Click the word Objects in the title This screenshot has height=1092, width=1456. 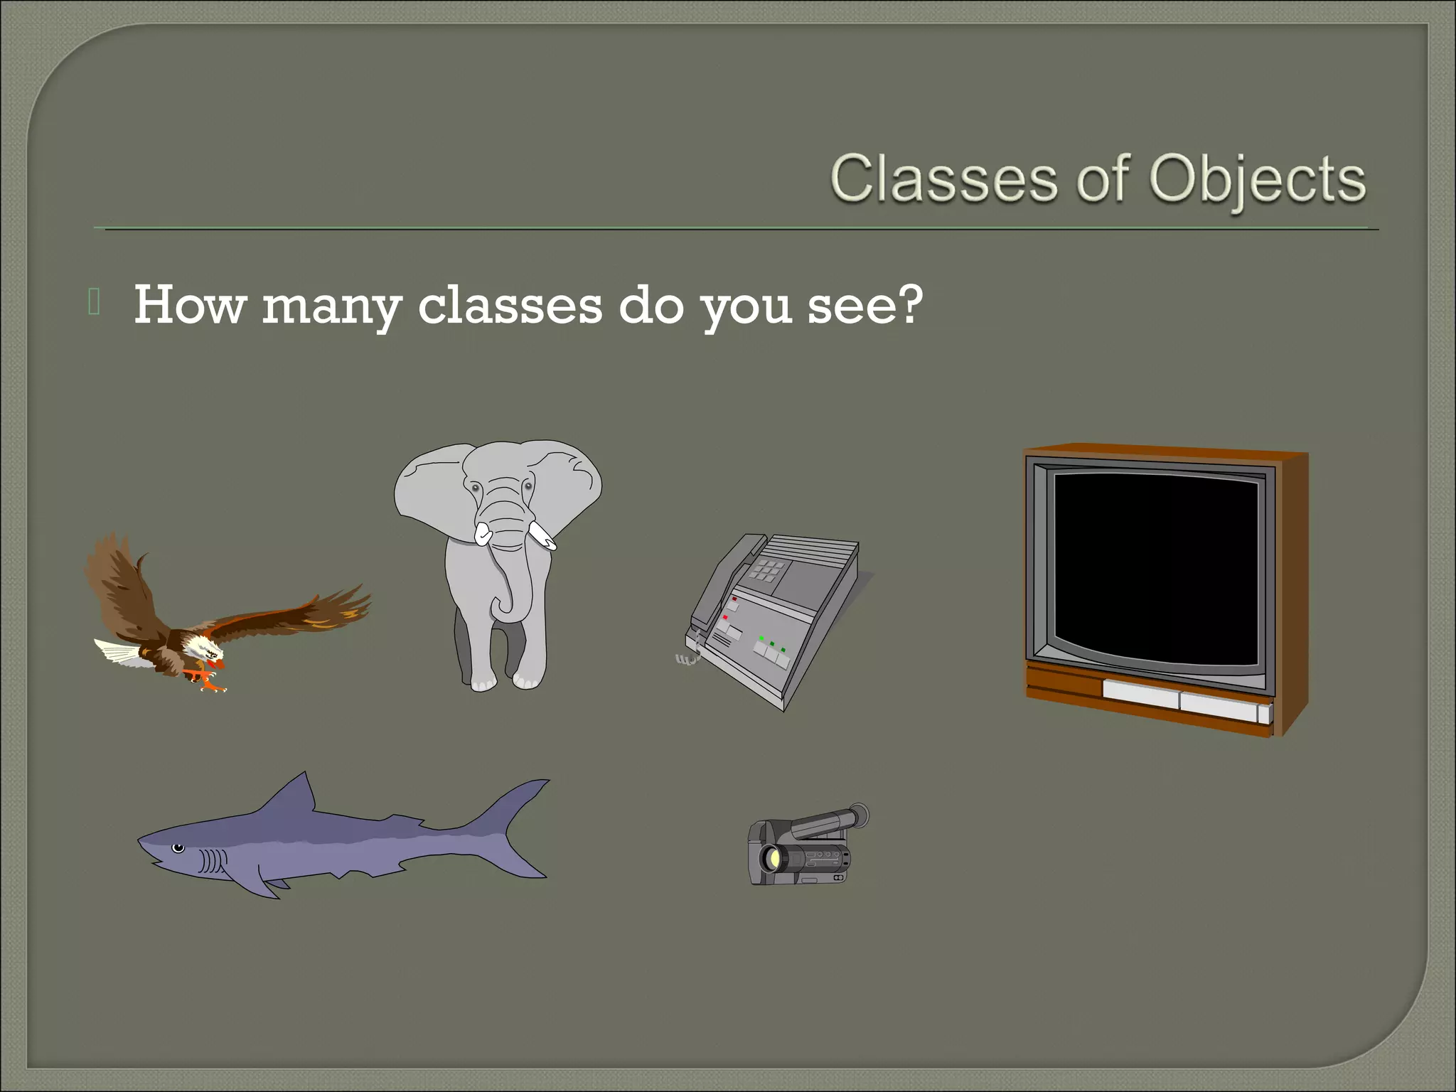click(1257, 179)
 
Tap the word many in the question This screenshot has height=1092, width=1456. click(331, 306)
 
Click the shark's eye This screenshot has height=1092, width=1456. click(178, 847)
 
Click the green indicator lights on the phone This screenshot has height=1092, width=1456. click(771, 644)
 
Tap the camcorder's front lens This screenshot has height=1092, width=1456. click(771, 860)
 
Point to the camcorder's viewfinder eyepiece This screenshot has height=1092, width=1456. click(858, 815)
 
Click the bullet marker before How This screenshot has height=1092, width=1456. click(94, 302)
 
